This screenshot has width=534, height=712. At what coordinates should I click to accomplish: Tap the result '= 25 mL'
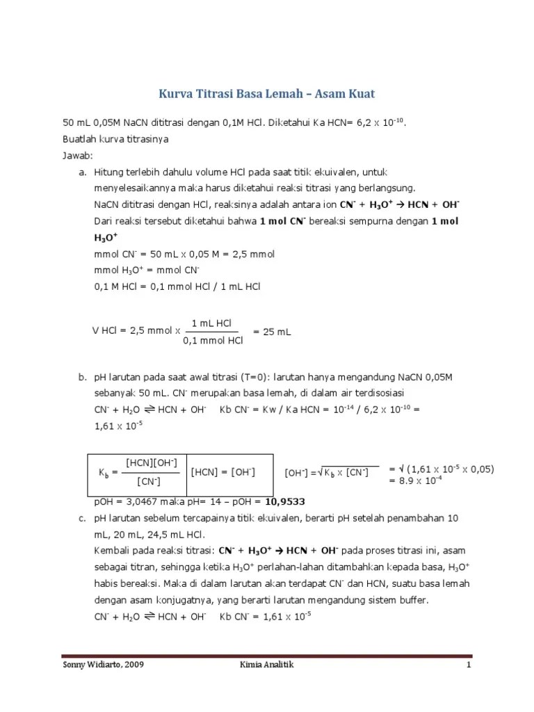point(272,332)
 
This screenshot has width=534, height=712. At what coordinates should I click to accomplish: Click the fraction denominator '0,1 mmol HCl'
point(213,341)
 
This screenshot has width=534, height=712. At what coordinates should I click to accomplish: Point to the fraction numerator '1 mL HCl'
point(212,324)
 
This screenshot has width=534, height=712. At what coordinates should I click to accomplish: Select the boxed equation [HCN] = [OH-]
point(223,472)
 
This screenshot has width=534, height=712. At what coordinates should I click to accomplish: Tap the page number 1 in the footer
point(469,665)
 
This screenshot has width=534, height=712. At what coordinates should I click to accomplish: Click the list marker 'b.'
point(82,378)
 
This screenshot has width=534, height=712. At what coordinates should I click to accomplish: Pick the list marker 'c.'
point(82,519)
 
